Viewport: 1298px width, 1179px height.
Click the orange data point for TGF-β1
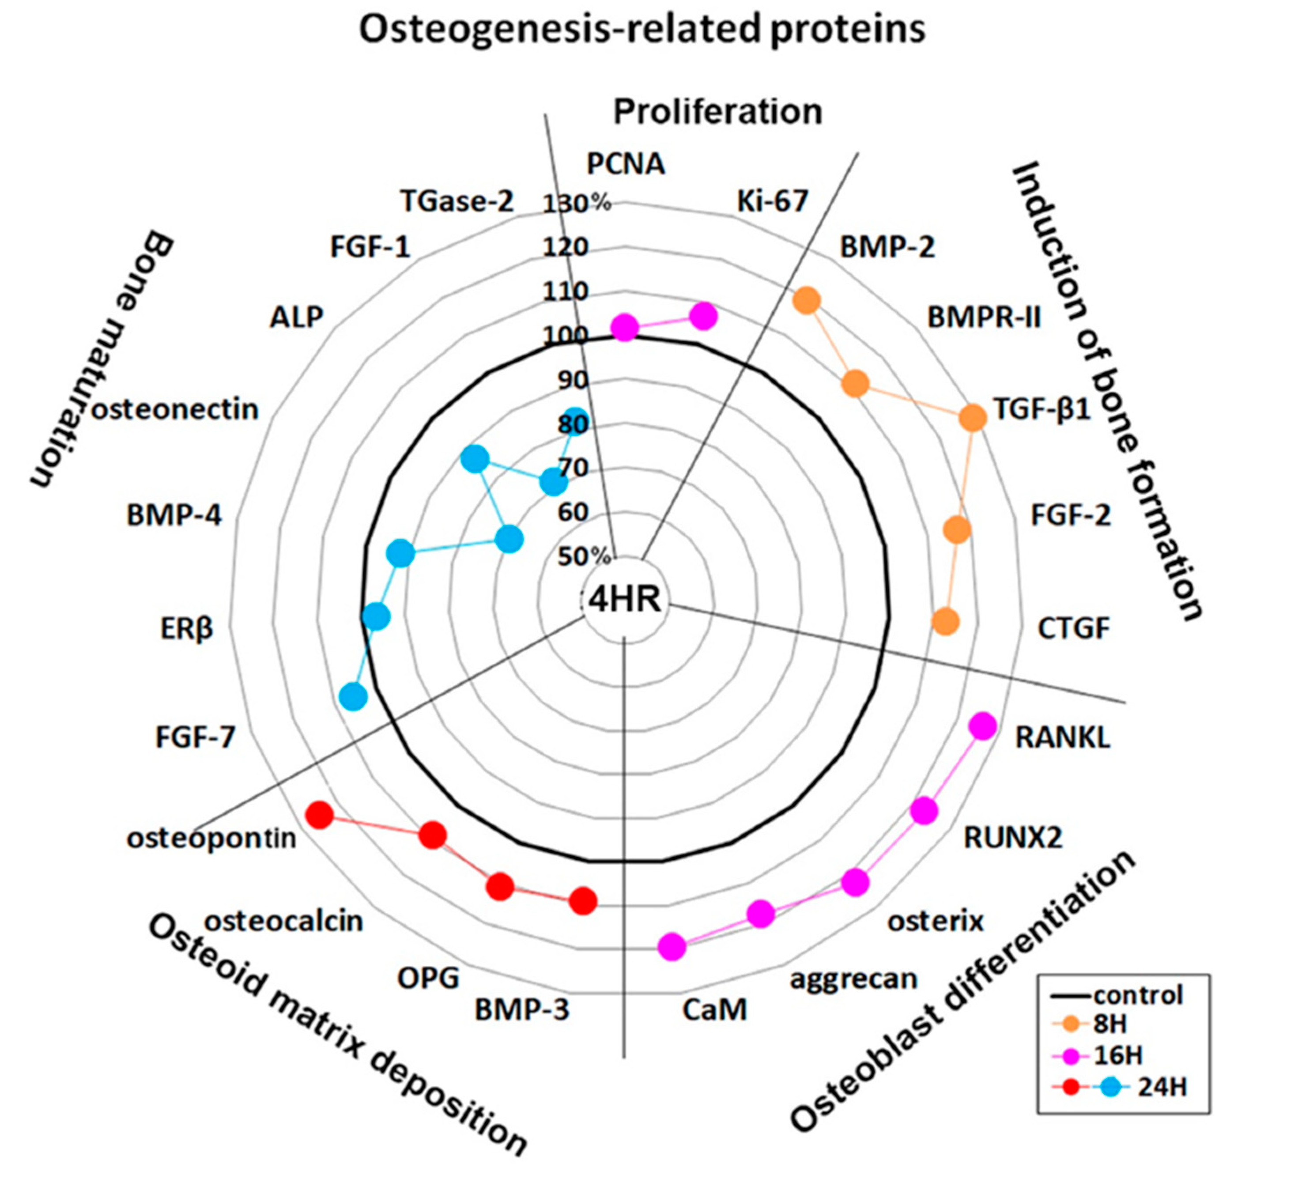[972, 417]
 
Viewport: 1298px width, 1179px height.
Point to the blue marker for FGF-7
[353, 697]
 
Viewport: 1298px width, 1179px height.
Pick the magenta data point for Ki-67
[703, 316]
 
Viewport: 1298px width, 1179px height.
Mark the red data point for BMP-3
[583, 901]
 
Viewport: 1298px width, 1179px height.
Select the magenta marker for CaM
[672, 947]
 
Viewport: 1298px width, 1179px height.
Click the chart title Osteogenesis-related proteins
[642, 30]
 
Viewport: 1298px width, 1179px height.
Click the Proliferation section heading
[717, 111]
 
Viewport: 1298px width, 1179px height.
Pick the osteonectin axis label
[175, 409]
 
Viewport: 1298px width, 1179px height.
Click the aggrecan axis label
[853, 979]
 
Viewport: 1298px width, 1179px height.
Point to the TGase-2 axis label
[457, 201]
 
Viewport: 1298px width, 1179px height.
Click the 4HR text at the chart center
[625, 600]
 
